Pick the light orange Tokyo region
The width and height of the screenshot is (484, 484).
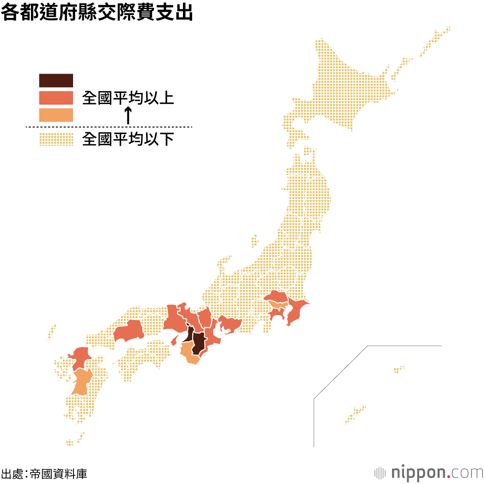point(276,305)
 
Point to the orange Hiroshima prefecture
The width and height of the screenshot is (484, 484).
point(129,331)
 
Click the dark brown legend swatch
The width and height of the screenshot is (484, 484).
point(56,80)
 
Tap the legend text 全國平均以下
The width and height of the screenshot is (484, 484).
point(128,140)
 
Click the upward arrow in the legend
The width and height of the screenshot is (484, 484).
point(128,115)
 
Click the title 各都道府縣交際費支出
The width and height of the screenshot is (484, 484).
point(97,13)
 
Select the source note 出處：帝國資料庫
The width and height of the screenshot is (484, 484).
point(45,473)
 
